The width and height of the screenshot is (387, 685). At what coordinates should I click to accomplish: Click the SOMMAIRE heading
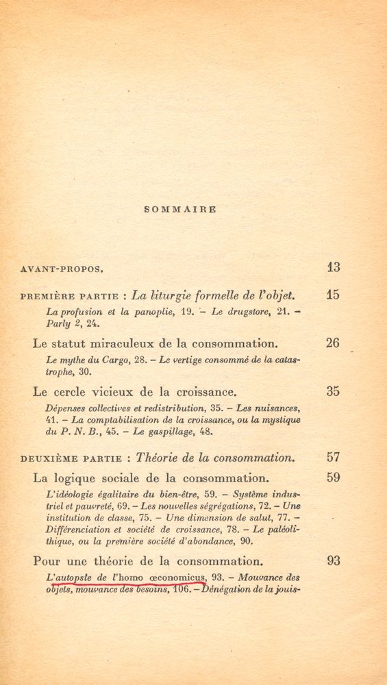point(181,210)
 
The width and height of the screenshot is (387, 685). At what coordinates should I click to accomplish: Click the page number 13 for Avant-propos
point(333,268)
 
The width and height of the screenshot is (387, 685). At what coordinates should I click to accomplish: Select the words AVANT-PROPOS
point(62,269)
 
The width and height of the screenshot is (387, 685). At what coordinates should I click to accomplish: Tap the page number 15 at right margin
point(333,296)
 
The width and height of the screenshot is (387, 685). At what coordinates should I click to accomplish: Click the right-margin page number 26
point(333,343)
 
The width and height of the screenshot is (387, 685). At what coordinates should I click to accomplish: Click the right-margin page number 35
point(333,392)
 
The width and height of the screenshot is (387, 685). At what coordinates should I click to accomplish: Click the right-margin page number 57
point(333,457)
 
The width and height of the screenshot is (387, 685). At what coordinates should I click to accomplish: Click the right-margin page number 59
point(333,477)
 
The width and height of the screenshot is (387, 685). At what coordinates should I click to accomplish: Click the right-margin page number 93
point(333,560)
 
